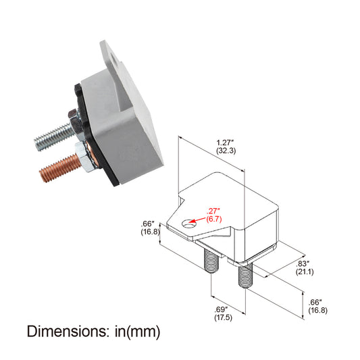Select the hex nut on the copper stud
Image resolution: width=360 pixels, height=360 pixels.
(x=79, y=156)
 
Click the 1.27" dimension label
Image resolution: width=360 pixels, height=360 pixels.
(x=226, y=142)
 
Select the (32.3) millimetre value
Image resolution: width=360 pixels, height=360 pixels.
(x=226, y=151)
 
